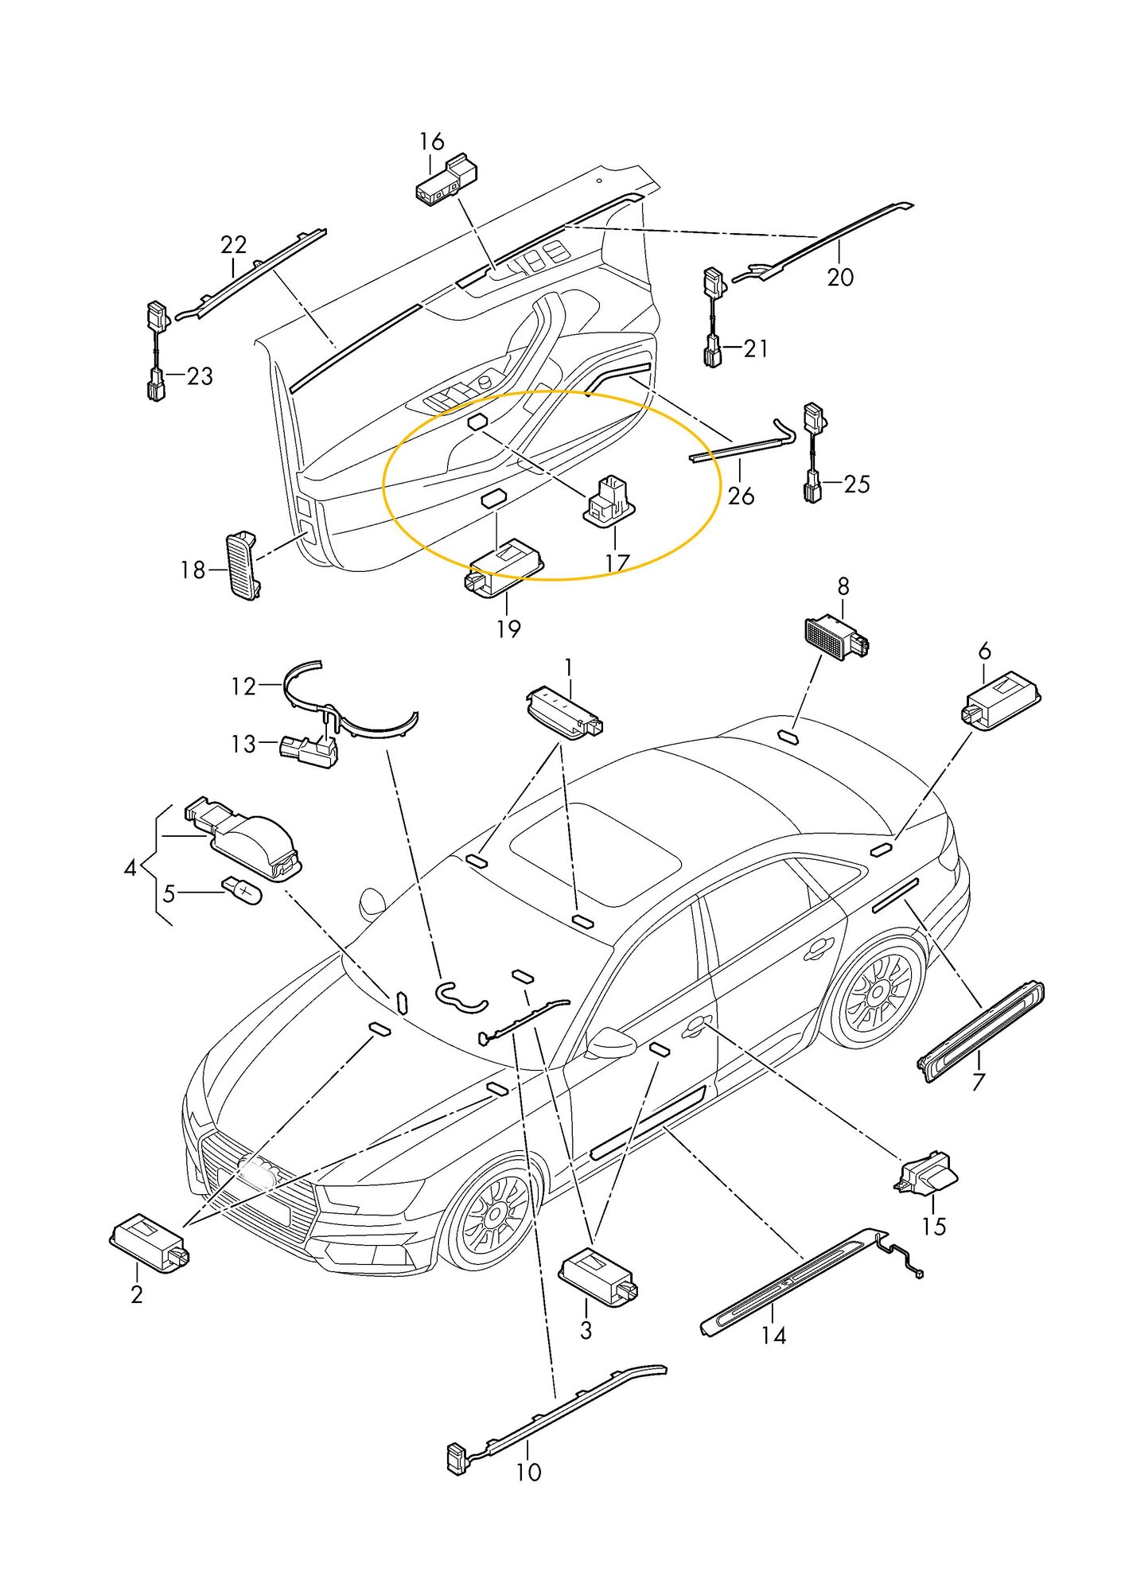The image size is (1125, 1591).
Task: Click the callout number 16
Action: (431, 142)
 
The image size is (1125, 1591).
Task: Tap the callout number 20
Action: (840, 278)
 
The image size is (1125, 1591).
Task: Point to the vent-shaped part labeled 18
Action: (243, 564)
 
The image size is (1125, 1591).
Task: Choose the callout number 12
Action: (243, 686)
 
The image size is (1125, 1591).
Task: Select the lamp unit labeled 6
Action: (1001, 700)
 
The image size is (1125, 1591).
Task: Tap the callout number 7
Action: (978, 1082)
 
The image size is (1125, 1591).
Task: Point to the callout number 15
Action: (933, 1226)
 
